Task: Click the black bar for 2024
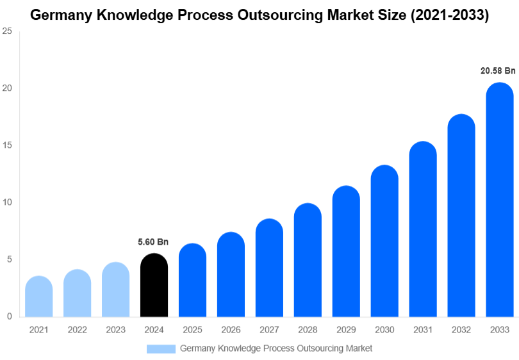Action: [154, 286]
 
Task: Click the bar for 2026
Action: [231, 275]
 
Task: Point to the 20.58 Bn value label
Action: [498, 70]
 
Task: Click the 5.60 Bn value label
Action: [153, 242]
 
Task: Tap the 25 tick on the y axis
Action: [7, 31]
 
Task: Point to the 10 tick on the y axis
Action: [7, 202]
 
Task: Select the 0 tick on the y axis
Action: [9, 316]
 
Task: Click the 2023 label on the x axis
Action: [115, 329]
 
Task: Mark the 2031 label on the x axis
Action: [423, 329]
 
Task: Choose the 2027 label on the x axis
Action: [269, 329]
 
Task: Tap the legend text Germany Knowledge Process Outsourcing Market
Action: [276, 348]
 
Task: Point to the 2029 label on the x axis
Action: [346, 329]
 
